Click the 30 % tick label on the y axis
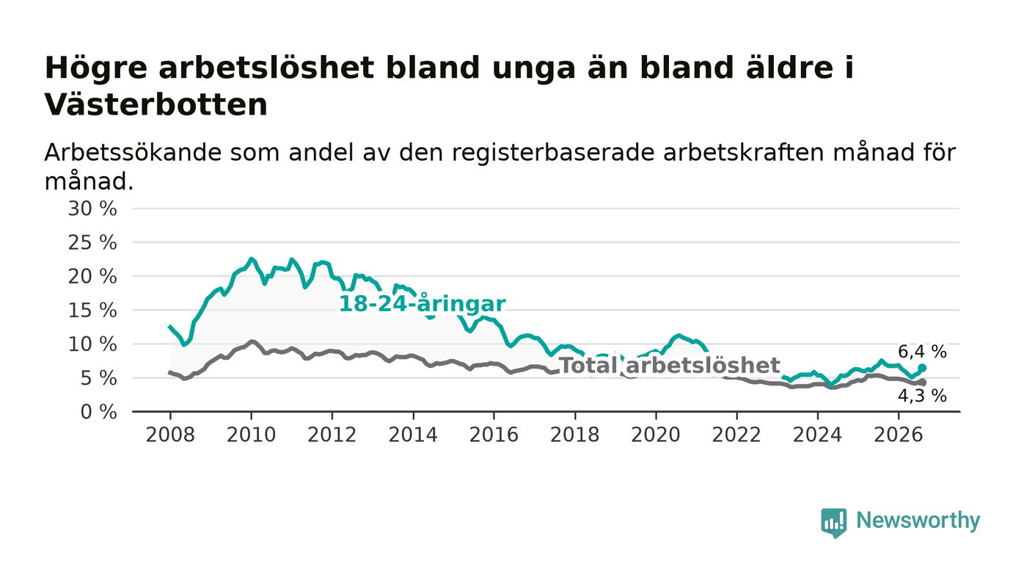(92, 209)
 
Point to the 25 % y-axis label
(92, 243)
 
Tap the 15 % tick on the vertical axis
(92, 311)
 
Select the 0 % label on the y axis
(98, 412)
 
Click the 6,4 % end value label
(922, 352)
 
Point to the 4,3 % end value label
(922, 396)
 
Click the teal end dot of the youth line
(922, 368)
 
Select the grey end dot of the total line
(922, 383)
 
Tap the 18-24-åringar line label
(422, 304)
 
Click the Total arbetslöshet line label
(670, 366)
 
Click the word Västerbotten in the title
(156, 105)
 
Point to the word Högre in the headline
(96, 69)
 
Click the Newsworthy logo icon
(833, 522)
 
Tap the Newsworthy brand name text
(918, 521)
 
